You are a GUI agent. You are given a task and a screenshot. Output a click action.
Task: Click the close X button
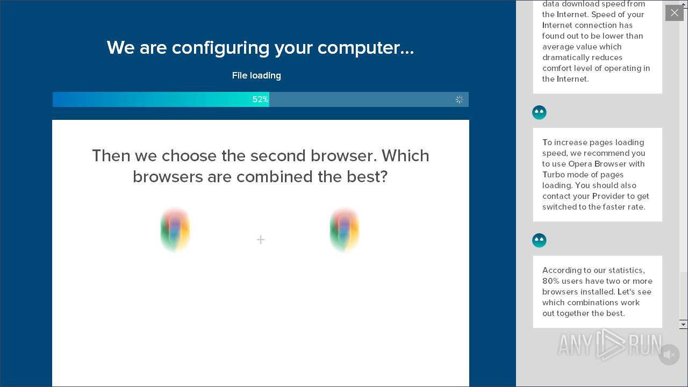[x=674, y=13]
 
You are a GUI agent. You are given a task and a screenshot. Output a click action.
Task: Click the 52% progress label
[x=260, y=99]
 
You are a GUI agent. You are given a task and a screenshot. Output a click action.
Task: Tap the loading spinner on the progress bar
[x=459, y=99]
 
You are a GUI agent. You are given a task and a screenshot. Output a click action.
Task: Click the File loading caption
[x=256, y=76]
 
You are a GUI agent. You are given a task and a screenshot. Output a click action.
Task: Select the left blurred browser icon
[x=175, y=230]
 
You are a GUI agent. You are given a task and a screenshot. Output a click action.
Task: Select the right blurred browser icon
[x=345, y=230]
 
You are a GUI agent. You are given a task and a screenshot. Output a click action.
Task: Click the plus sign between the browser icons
[x=261, y=240]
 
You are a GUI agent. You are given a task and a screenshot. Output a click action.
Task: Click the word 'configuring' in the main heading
[x=220, y=48]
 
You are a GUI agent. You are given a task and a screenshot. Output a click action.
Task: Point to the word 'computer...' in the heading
[x=365, y=48]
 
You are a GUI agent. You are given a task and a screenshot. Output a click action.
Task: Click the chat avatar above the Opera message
[x=539, y=112]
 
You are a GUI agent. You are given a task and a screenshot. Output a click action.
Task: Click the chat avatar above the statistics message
[x=539, y=240]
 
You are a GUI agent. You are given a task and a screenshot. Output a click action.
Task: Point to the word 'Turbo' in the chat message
[x=554, y=175]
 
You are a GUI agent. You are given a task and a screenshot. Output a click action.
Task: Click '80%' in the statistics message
[x=551, y=281]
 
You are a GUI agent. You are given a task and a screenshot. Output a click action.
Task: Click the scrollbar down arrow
[x=683, y=324]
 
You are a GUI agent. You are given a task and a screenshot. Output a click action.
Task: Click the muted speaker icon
[x=669, y=355]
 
